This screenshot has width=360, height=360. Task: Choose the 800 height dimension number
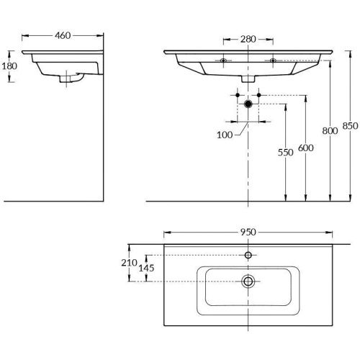click(329, 130)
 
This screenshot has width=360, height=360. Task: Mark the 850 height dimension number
click(350, 125)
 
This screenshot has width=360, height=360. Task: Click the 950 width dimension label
click(248, 232)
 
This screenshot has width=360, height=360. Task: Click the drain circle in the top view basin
click(248, 281)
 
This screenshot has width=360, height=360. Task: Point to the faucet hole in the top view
click(248, 255)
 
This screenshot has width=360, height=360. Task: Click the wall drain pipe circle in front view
click(248, 104)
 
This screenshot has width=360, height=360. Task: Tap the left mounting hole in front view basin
click(225, 60)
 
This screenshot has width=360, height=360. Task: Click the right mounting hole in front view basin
click(273, 60)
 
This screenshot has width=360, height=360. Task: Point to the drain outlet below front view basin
click(248, 79)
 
